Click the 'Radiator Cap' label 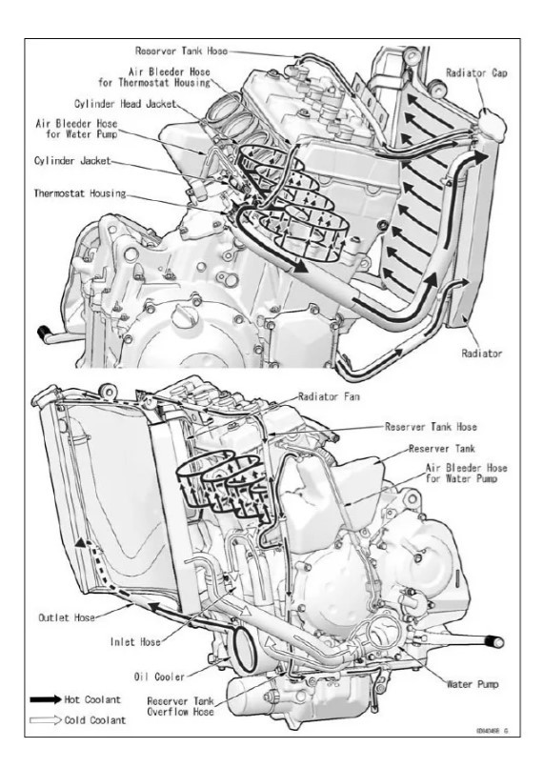(x=481, y=72)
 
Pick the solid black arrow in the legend (x=44, y=699)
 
